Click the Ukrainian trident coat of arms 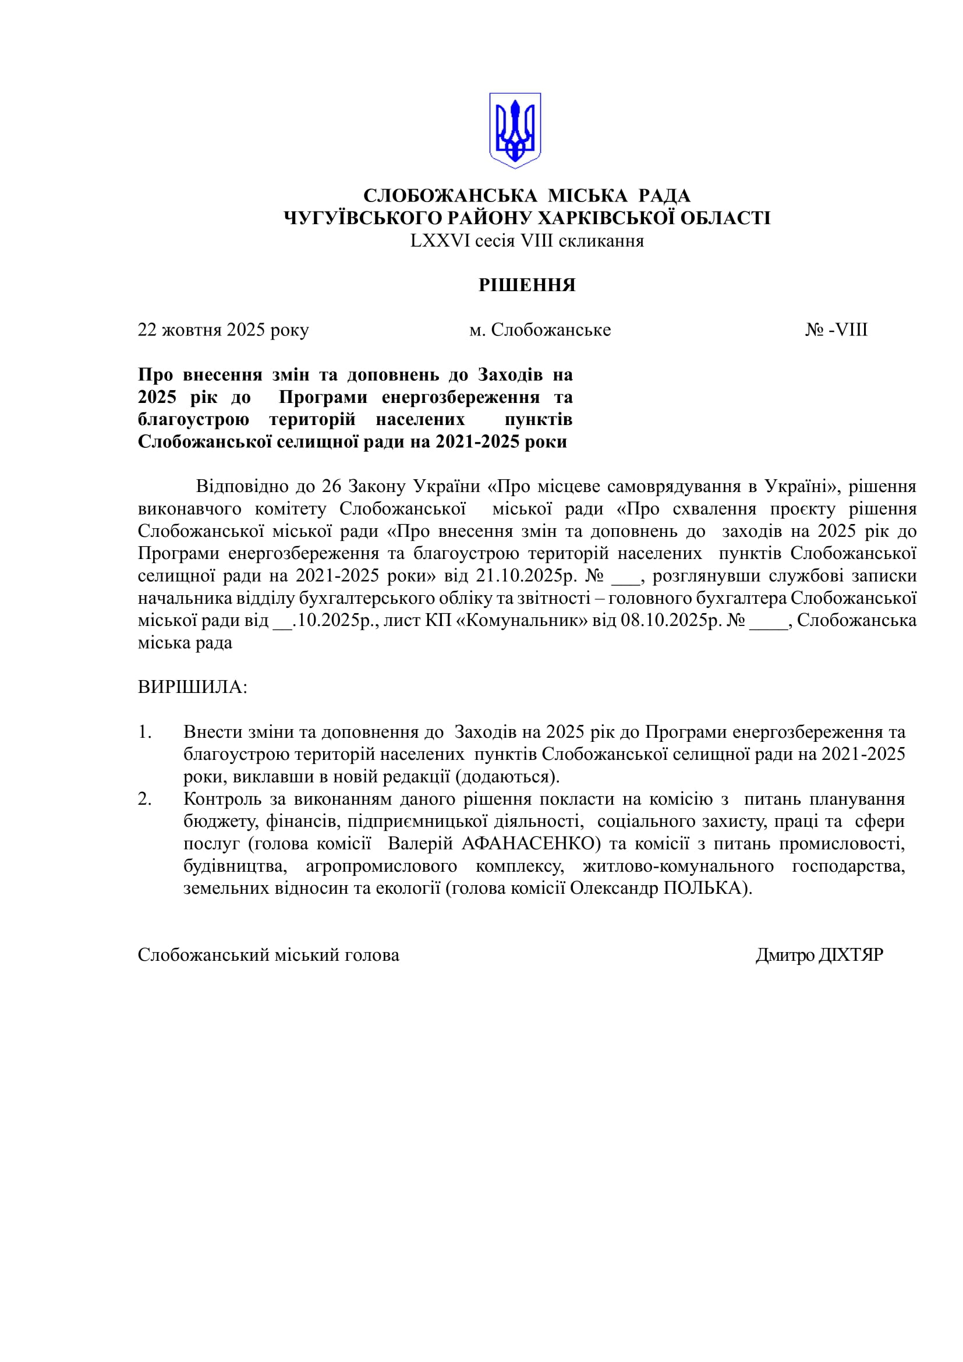[x=515, y=130]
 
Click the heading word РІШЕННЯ [x=527, y=285]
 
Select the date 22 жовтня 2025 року [x=223, y=330]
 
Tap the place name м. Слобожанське [x=540, y=330]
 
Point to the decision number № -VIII [x=836, y=330]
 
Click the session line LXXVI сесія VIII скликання [x=527, y=241]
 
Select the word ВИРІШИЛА [x=192, y=688]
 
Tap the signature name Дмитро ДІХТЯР [x=819, y=955]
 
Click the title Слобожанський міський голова [x=268, y=955]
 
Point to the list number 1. [x=145, y=732]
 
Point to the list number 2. [x=145, y=799]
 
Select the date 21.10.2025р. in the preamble [x=526, y=576]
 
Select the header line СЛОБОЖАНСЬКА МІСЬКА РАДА [x=526, y=196]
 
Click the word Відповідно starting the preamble [x=242, y=486]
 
